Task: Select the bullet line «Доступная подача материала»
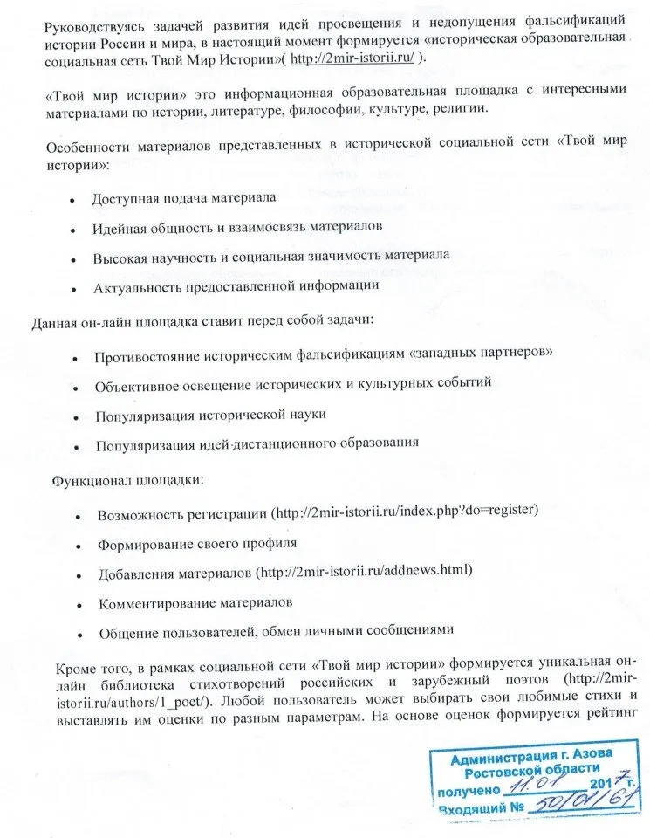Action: point(183,198)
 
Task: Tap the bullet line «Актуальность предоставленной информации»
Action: point(236,285)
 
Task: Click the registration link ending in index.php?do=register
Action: point(406,511)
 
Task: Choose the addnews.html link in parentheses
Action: point(364,571)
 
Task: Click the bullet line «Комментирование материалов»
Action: point(195,602)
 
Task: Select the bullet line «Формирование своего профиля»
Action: point(197,542)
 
